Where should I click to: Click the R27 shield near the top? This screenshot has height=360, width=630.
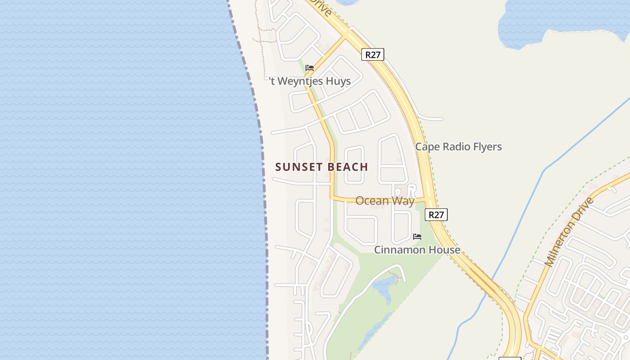pyautogui.click(x=373, y=55)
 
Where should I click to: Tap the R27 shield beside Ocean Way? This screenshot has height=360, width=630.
pyautogui.click(x=436, y=215)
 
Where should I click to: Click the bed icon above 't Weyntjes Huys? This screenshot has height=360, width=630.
pyautogui.click(x=310, y=68)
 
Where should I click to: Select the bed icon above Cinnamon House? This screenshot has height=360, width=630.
pyautogui.click(x=417, y=236)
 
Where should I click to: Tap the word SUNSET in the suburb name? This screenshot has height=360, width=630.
pyautogui.click(x=297, y=167)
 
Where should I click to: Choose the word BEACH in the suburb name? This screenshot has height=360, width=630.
pyautogui.click(x=348, y=167)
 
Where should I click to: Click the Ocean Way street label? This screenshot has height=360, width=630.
pyautogui.click(x=385, y=201)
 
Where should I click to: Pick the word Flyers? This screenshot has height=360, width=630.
pyautogui.click(x=487, y=147)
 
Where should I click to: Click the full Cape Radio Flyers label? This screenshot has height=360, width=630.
pyautogui.click(x=458, y=147)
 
